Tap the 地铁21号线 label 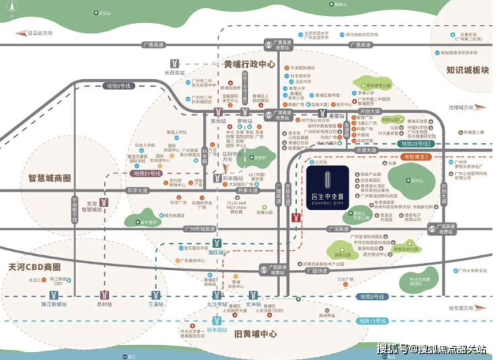tap(146, 173)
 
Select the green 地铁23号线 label tap(414, 144)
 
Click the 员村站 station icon tap(104, 295)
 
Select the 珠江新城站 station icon tap(54, 295)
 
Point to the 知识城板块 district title tap(467, 69)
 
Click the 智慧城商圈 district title tap(50, 179)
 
